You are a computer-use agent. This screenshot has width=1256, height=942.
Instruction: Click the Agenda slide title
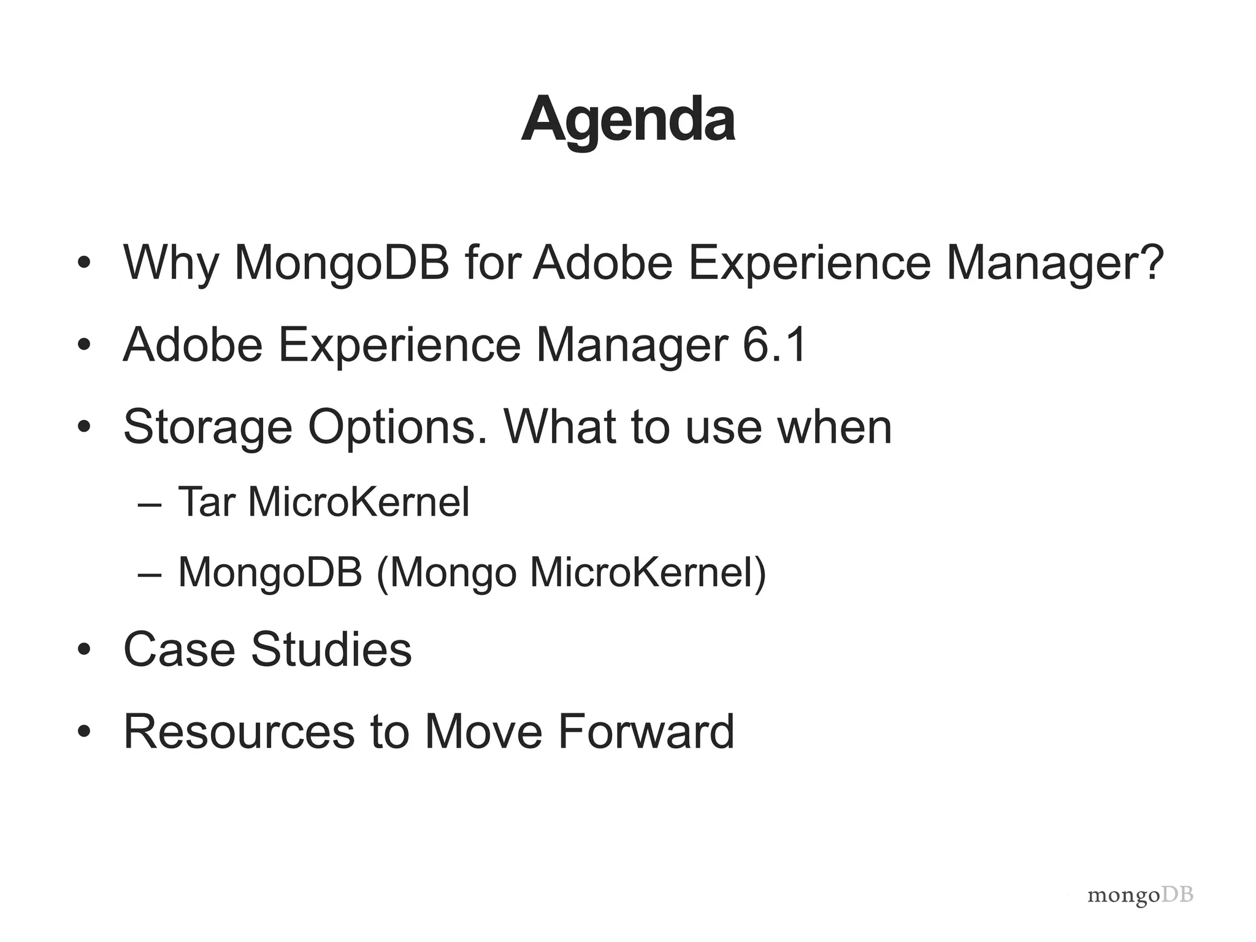click(x=628, y=120)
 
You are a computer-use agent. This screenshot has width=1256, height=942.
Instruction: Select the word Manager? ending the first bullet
click(x=1054, y=262)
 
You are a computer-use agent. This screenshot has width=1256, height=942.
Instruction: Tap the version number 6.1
click(x=774, y=345)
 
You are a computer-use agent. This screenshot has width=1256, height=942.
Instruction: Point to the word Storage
click(x=207, y=427)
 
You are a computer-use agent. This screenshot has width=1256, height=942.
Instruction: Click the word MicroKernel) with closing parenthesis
click(x=648, y=573)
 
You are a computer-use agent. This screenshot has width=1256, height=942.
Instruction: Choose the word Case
click(x=179, y=649)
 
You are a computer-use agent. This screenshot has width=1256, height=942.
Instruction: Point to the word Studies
click(x=331, y=649)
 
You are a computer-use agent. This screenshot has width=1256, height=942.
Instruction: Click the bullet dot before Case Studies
click(x=84, y=650)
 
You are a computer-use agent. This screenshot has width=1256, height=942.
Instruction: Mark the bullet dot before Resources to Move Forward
click(x=84, y=732)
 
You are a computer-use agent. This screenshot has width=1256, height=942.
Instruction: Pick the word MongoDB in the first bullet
click(x=342, y=262)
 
